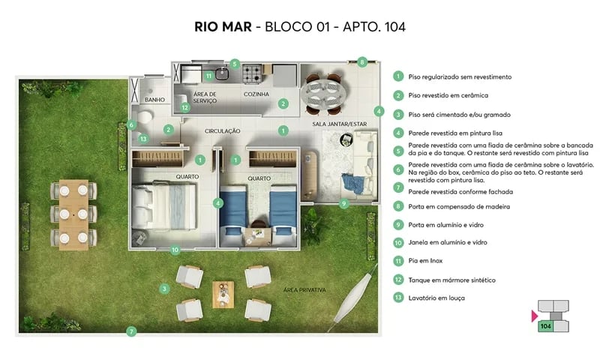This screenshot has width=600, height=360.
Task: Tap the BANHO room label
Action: click(x=154, y=99)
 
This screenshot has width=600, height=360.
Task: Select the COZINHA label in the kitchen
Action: click(x=256, y=94)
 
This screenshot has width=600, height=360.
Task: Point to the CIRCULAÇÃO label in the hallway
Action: click(x=223, y=130)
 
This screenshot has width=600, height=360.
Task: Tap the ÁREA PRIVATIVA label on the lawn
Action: click(x=304, y=289)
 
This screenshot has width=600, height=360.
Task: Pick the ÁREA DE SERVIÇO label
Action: click(x=205, y=97)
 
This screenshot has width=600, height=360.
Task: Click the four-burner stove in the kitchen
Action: click(x=251, y=73)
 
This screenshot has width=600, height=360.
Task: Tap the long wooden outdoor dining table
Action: click(x=74, y=214)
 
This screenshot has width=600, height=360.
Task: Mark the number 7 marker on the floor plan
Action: click(x=131, y=331)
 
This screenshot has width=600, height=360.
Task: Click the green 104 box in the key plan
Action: click(x=545, y=326)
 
